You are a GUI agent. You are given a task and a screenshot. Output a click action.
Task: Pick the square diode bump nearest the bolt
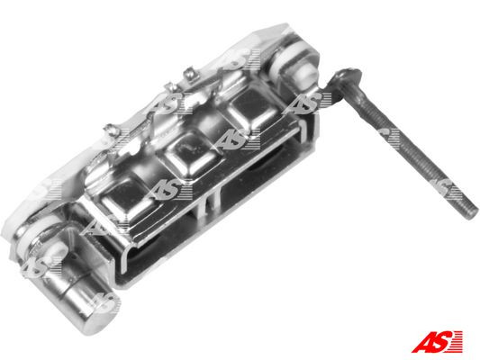click(252, 112)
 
